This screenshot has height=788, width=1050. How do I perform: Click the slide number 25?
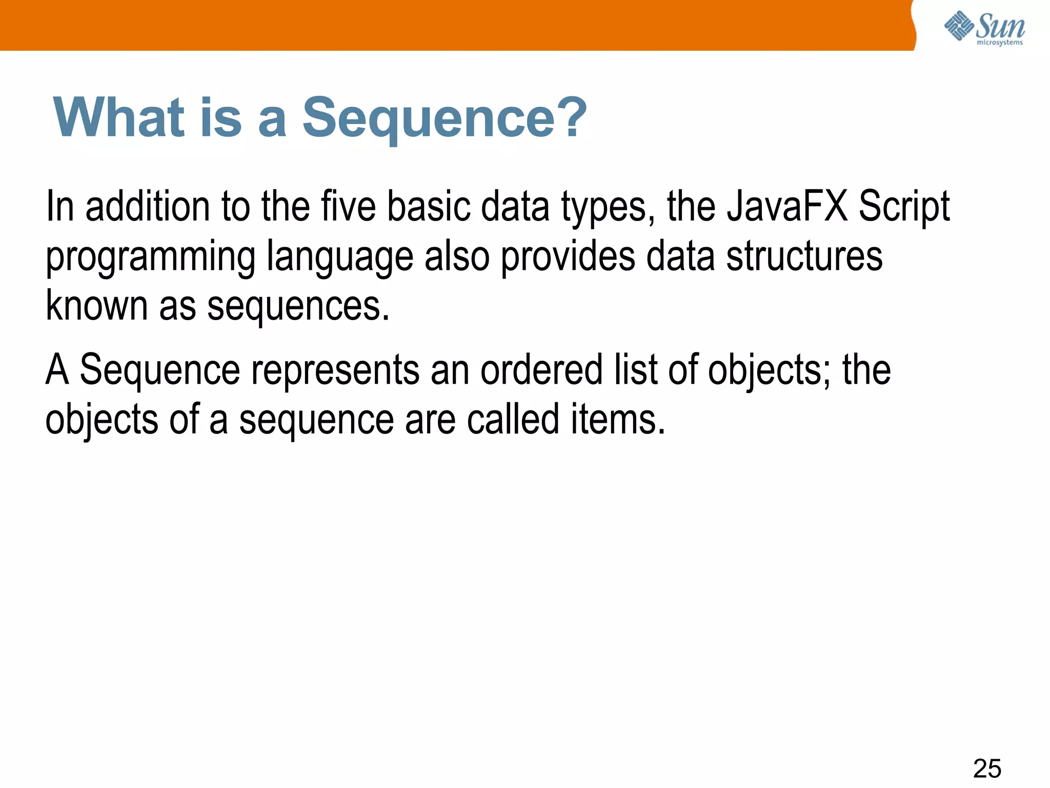pos(987,769)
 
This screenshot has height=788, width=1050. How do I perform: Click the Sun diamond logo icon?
pos(958,26)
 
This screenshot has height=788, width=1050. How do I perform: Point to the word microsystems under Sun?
pos(999,43)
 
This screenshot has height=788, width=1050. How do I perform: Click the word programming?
pos(151,257)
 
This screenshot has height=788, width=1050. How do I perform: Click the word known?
pos(96,305)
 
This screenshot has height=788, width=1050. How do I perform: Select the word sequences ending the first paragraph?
pos(298,307)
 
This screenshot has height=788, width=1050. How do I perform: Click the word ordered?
pos(541,369)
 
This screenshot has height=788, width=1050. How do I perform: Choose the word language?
pos(340,257)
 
